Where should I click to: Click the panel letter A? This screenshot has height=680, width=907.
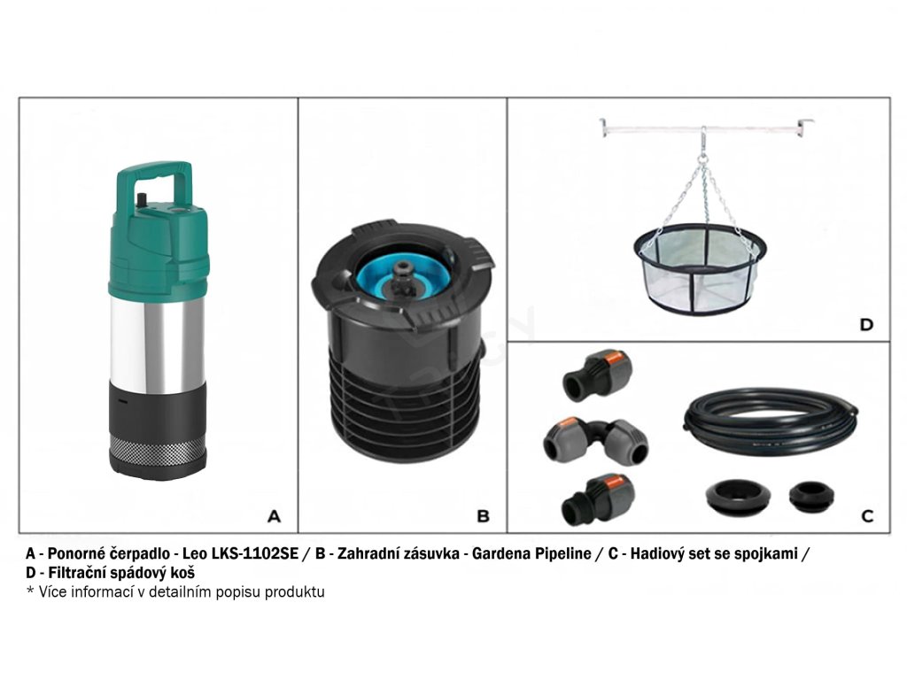pos(275,516)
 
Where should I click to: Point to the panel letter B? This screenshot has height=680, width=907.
pos(483,516)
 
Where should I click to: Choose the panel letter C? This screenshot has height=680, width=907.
pos(867,516)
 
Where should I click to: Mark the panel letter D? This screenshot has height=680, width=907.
pos(866,324)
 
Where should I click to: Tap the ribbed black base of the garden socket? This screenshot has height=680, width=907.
pos(404,399)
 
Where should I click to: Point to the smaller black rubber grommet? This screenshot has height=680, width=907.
pos(811,496)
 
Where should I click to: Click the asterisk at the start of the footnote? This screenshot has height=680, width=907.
pos(30,591)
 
